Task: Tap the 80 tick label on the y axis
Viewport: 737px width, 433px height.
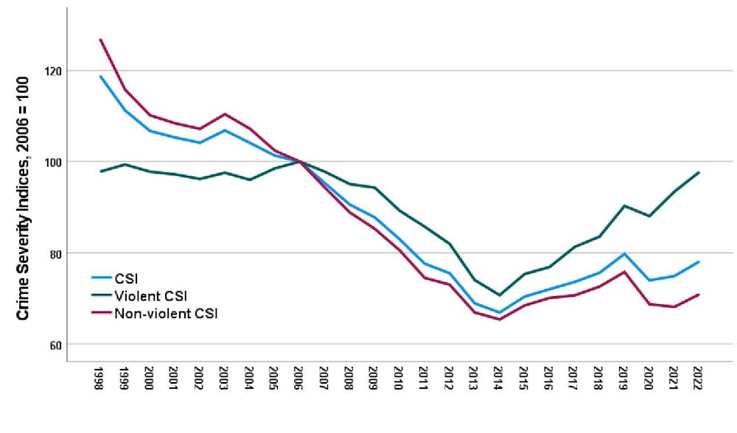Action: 55,253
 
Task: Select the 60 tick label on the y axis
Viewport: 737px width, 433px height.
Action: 55,345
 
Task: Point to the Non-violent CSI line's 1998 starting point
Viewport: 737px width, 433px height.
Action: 100,40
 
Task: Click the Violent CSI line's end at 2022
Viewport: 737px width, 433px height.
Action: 697,172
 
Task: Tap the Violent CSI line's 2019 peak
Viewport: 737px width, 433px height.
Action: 623,206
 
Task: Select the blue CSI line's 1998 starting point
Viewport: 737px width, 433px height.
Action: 100,77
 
